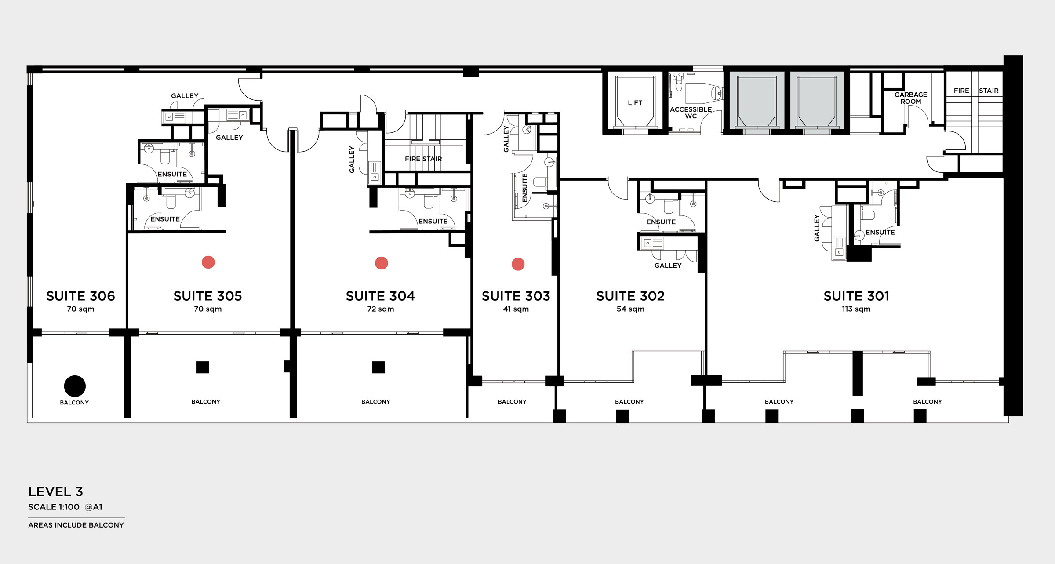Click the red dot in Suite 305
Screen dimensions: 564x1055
pyautogui.click(x=208, y=262)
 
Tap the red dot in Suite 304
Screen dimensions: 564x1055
pyautogui.click(x=381, y=263)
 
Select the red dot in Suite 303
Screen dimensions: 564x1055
pyautogui.click(x=518, y=264)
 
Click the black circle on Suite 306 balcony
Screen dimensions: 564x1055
pyautogui.click(x=75, y=386)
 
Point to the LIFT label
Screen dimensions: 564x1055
pyautogui.click(x=635, y=103)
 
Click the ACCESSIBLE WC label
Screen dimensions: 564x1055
pyautogui.click(x=691, y=113)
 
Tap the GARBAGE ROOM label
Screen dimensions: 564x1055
pyautogui.click(x=910, y=98)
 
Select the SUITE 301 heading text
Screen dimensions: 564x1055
pyautogui.click(x=856, y=296)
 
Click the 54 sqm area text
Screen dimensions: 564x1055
pyautogui.click(x=630, y=309)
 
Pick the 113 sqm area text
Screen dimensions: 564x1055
pyautogui.click(x=856, y=309)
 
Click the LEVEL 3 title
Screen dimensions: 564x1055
pyautogui.click(x=55, y=491)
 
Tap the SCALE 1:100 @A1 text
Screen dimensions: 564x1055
pyautogui.click(x=65, y=507)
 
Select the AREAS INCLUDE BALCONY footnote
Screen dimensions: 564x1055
pyautogui.click(x=76, y=525)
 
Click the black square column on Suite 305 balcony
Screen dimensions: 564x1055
pyautogui.click(x=203, y=367)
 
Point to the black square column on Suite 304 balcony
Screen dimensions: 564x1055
pyautogui.click(x=378, y=367)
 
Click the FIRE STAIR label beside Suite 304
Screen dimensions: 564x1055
pyautogui.click(x=423, y=159)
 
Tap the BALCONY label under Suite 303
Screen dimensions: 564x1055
pyautogui.click(x=512, y=402)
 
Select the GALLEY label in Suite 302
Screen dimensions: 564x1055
pyautogui.click(x=668, y=266)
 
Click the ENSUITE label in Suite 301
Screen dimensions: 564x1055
pyautogui.click(x=880, y=233)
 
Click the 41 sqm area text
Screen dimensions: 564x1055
pyautogui.click(x=516, y=309)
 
